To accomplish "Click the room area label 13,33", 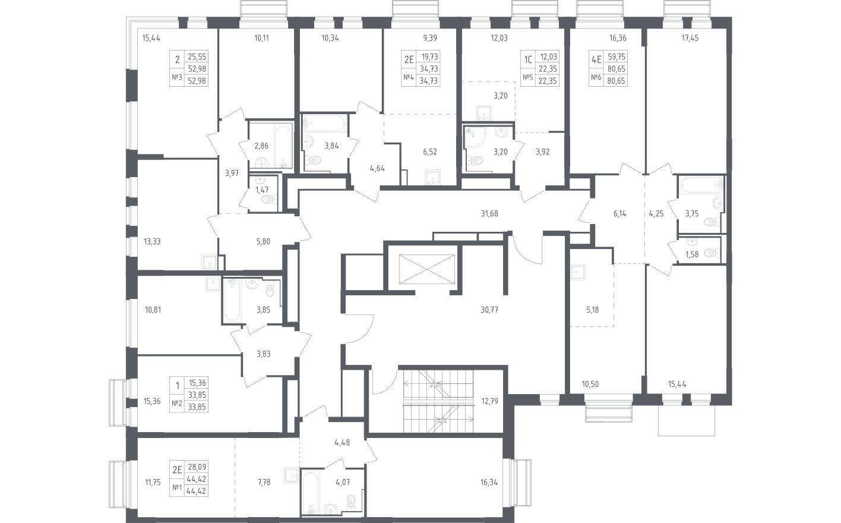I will point(152,241).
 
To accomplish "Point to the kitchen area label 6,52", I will point(429,152).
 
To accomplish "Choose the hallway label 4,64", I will point(377,168).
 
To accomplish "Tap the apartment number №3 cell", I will point(176,78).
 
